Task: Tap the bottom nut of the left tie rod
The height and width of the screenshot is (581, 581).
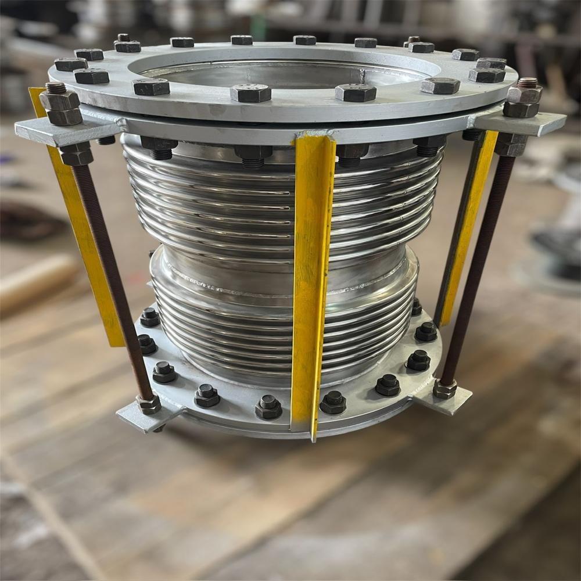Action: point(149,404)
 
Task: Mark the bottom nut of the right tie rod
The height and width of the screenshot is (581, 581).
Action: point(445,389)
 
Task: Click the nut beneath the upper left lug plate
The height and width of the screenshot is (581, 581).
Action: point(76,154)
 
